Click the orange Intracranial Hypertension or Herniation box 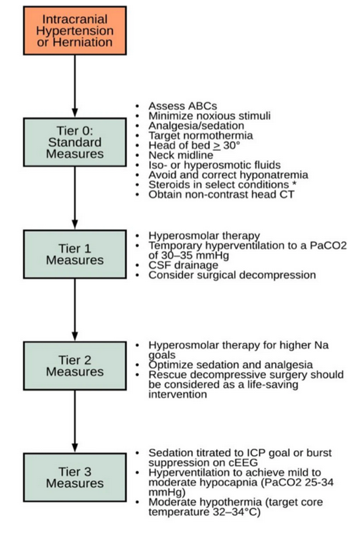74,31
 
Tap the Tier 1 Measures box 74,254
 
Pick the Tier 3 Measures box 74,478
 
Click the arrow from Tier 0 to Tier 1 74,197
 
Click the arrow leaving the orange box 74,85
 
